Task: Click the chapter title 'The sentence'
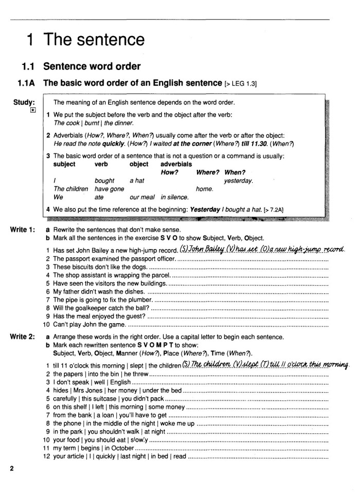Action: click(94, 40)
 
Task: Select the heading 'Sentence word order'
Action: click(92, 66)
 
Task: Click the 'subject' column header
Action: click(64, 164)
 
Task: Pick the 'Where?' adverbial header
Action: click(208, 172)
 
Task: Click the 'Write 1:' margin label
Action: click(23, 230)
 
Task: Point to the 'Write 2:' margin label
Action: click(23, 337)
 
